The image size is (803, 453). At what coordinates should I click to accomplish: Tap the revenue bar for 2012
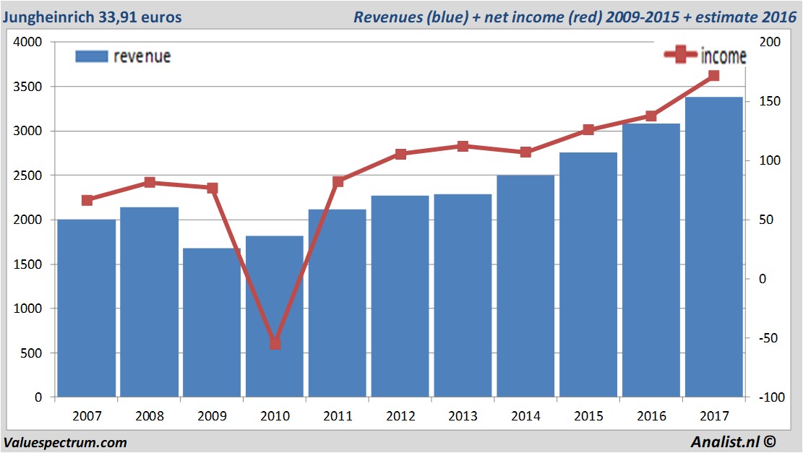click(x=400, y=296)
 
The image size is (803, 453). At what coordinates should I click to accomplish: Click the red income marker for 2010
click(x=275, y=343)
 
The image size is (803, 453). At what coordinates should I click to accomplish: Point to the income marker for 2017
click(x=714, y=76)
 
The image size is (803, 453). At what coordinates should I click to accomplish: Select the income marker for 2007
click(x=87, y=200)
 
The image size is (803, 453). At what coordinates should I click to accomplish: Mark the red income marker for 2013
click(x=463, y=147)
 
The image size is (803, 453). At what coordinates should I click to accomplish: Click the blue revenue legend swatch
click(x=92, y=56)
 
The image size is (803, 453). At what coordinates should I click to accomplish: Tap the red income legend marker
click(x=681, y=56)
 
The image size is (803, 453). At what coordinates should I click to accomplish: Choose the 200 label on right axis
click(x=771, y=43)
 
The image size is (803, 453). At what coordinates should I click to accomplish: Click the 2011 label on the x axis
click(x=338, y=416)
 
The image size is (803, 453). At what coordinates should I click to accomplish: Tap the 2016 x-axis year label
click(x=651, y=416)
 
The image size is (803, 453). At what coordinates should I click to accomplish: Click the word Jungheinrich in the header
click(x=48, y=16)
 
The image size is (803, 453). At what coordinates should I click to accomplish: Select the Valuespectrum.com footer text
click(x=64, y=442)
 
